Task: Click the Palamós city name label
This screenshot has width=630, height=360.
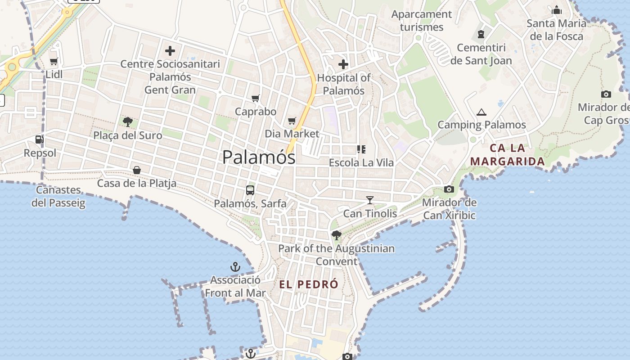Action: (x=259, y=157)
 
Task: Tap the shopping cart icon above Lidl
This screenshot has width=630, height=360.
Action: (x=54, y=61)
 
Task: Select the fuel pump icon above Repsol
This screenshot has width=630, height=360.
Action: (x=40, y=140)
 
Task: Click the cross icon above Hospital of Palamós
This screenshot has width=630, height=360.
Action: (x=343, y=64)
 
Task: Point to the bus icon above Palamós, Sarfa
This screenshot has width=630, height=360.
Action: (x=250, y=190)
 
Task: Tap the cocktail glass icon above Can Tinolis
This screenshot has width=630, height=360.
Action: (x=370, y=200)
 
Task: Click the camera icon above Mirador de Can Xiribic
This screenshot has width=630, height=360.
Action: (x=449, y=189)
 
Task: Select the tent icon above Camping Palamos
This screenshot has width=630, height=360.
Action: (x=481, y=112)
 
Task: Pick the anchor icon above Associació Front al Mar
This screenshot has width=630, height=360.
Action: (x=235, y=267)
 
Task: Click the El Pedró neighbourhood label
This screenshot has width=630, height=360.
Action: (x=309, y=284)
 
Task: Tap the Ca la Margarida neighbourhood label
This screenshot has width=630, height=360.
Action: (x=507, y=154)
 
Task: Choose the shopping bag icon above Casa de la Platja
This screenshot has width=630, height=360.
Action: (x=137, y=170)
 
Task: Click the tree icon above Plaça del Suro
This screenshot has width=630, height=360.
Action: (x=128, y=121)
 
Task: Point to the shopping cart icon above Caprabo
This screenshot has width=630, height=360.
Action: (x=256, y=98)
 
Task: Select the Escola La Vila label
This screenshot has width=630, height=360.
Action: (x=361, y=162)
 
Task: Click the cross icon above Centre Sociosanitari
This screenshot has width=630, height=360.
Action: (x=170, y=50)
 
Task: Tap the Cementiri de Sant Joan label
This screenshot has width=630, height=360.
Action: (x=481, y=54)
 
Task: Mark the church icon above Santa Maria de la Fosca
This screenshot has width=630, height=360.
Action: (x=557, y=10)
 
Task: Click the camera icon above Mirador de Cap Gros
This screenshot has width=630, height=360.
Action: (x=606, y=94)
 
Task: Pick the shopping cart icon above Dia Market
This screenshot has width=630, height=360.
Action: (x=292, y=120)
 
